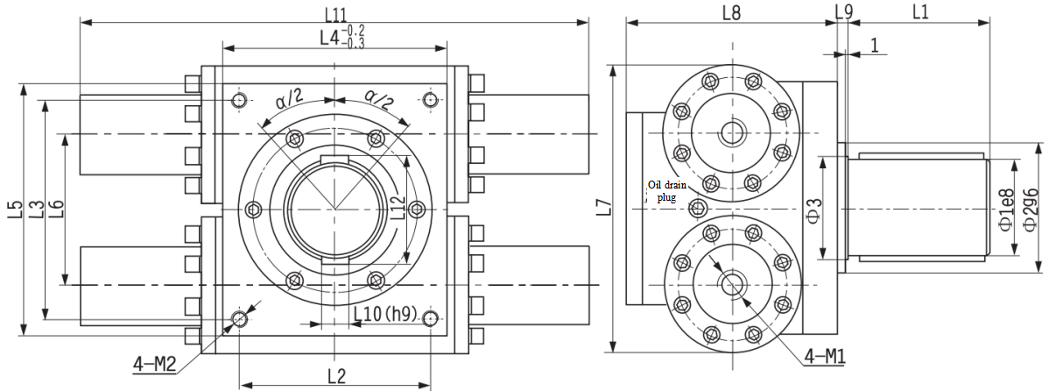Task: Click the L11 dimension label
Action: (x=334, y=13)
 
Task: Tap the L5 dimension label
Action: (x=15, y=210)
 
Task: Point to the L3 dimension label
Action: (x=36, y=210)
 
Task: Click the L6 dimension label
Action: (x=57, y=210)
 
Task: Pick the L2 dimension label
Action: (x=336, y=376)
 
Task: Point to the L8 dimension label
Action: (x=731, y=12)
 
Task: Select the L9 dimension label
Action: (x=843, y=12)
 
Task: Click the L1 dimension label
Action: (x=920, y=12)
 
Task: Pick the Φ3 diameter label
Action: (x=813, y=210)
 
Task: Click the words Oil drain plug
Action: (x=667, y=191)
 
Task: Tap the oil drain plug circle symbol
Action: (x=698, y=209)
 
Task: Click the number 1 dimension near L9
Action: (x=874, y=46)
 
